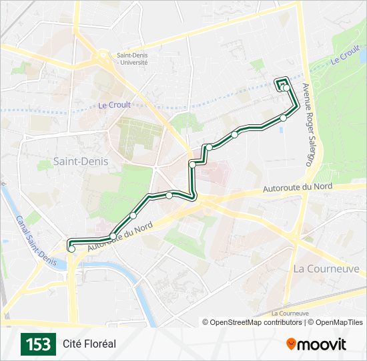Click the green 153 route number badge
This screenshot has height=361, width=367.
coord(38,344)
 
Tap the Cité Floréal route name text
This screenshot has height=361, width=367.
coord(89,344)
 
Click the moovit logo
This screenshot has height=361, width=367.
coord(316,344)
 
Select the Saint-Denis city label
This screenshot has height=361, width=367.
coord(80,161)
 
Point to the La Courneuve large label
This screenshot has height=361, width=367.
coord(326,269)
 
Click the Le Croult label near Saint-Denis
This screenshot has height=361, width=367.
coord(114,105)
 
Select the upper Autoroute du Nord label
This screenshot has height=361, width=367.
coord(298,188)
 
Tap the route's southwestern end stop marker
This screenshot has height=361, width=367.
coord(71,249)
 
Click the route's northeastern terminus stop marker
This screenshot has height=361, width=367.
coord(286,88)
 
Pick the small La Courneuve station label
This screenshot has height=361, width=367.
coord(290,313)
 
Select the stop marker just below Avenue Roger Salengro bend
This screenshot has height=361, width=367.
coord(284,118)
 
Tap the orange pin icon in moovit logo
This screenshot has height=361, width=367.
coord(291,344)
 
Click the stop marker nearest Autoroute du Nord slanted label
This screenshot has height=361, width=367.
coord(133,215)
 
